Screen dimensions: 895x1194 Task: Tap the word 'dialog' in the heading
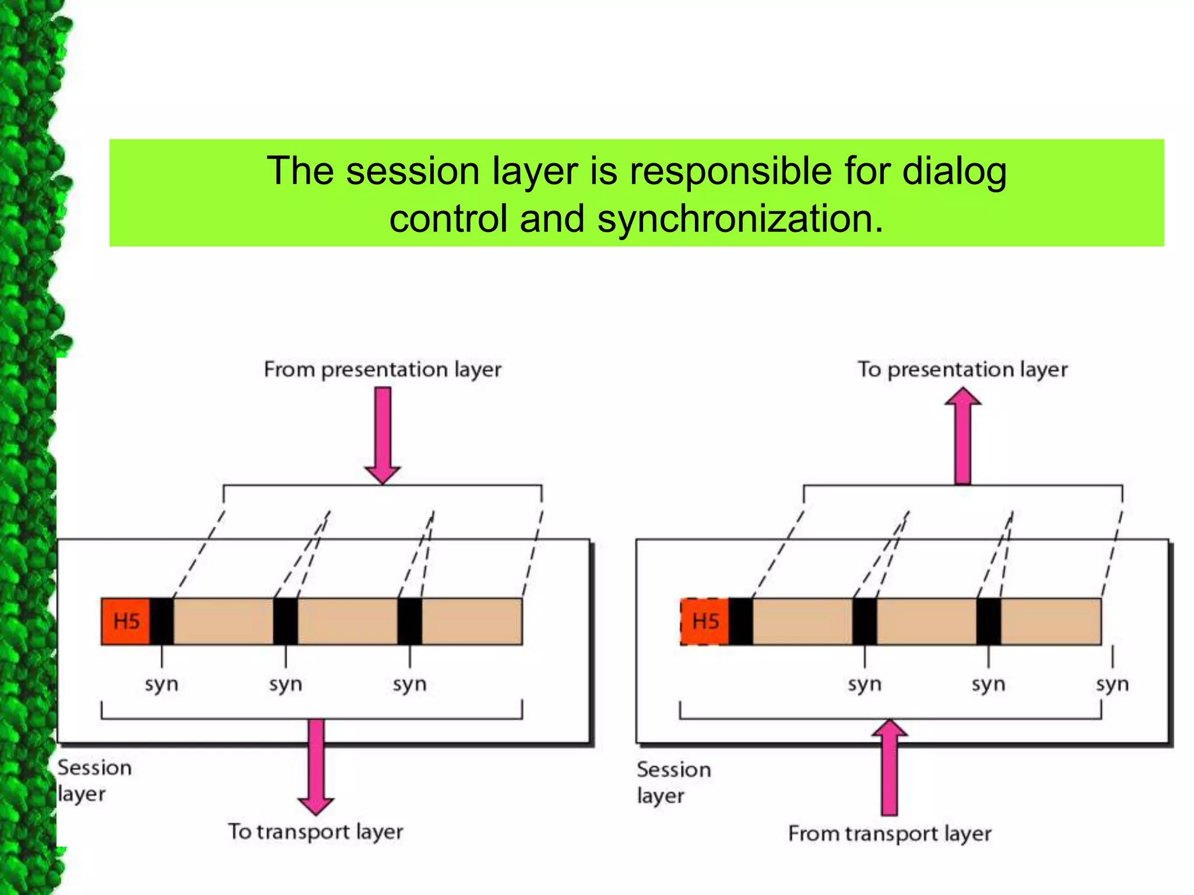click(954, 171)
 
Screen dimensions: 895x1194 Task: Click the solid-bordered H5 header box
click(125, 621)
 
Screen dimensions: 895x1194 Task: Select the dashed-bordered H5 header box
click(704, 621)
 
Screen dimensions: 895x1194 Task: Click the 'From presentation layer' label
click(382, 369)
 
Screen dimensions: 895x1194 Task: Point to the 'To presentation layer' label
click(962, 369)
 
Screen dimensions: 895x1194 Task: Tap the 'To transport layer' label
click(315, 831)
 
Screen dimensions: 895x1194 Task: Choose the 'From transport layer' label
click(890, 834)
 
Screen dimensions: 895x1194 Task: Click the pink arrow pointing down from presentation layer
click(382, 434)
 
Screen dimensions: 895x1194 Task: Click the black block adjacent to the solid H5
click(161, 621)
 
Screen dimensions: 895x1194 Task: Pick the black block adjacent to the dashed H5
click(740, 621)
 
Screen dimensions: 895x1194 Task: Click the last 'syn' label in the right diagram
click(1112, 683)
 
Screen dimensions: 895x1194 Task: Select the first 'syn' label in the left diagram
click(161, 683)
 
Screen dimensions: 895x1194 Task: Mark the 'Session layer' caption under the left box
click(93, 780)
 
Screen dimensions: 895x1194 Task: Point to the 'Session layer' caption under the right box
click(673, 782)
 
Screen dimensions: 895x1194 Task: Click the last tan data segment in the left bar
click(472, 621)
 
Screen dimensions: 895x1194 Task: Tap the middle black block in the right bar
click(865, 621)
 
